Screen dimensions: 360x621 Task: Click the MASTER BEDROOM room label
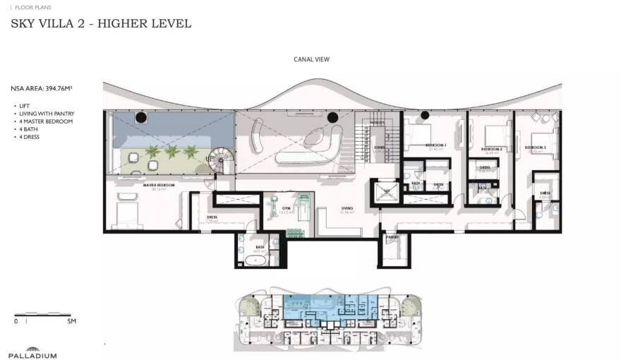click(x=159, y=185)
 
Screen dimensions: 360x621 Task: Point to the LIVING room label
click(x=347, y=208)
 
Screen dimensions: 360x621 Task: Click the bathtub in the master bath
click(x=255, y=260)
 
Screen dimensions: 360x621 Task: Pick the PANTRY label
click(x=392, y=237)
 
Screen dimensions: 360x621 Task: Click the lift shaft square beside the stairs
click(x=385, y=193)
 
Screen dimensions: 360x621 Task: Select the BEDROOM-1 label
click(x=436, y=145)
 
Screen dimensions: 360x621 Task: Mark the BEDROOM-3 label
click(x=536, y=147)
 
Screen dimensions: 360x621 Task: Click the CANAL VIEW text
click(x=311, y=60)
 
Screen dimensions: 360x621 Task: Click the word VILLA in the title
click(x=65, y=23)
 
